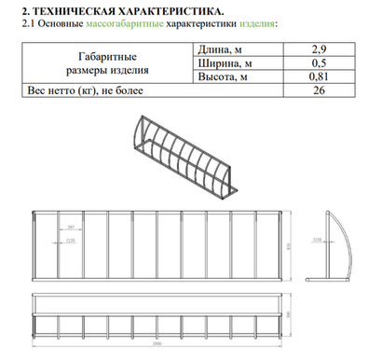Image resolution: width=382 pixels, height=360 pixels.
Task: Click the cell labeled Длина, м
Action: point(221,48)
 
